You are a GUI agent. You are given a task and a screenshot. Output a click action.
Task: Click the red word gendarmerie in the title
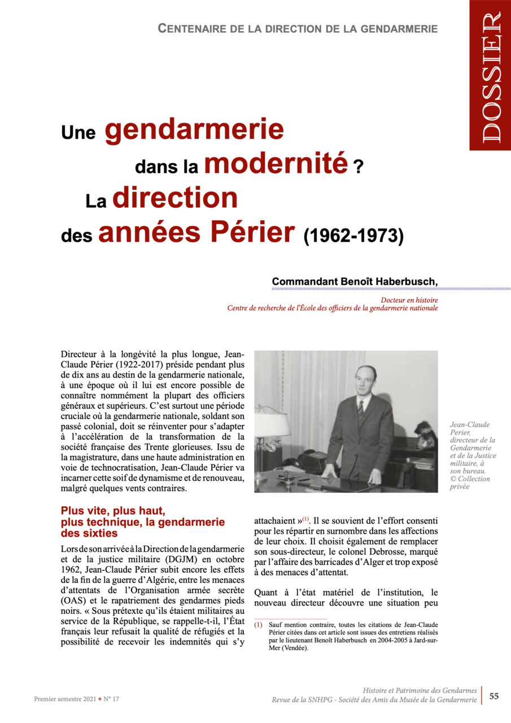click(194, 129)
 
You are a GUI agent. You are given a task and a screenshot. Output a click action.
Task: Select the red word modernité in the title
click(276, 163)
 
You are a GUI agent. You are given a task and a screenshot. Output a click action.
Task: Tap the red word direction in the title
click(175, 198)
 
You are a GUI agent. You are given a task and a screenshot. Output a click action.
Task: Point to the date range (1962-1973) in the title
click(354, 236)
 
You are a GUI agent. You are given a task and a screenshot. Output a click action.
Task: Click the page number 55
click(493, 696)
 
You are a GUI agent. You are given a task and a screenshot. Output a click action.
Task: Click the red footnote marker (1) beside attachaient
click(306, 519)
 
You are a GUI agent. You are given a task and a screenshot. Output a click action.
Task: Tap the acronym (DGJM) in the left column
click(151, 560)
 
